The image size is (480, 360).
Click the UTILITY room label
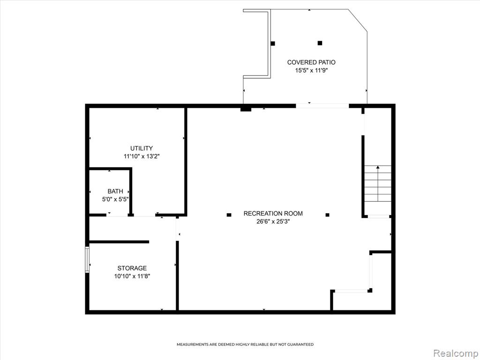tap(142, 149)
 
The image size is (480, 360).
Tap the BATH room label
tap(115, 191)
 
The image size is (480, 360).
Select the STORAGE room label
tap(132, 268)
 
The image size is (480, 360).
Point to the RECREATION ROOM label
tap(273, 213)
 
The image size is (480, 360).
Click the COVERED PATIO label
tap(311, 62)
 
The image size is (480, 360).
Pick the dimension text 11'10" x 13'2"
tap(142, 157)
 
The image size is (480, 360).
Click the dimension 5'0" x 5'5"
tap(115, 199)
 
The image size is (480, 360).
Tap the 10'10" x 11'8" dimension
tap(132, 277)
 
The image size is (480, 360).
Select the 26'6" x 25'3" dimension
tap(273, 222)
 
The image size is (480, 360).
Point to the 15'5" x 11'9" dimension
tap(311, 71)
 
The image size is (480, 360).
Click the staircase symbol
tap(378, 184)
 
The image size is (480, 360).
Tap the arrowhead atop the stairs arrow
tap(378, 167)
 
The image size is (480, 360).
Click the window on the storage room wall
tap(87, 260)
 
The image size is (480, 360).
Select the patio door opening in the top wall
tap(322, 106)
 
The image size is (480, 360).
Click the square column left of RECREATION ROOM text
tap(229, 215)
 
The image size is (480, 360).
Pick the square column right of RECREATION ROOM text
tap(328, 215)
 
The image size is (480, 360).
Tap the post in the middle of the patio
tap(320, 43)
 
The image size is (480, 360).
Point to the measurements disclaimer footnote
tap(245, 345)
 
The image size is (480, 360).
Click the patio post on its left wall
tap(273, 44)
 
